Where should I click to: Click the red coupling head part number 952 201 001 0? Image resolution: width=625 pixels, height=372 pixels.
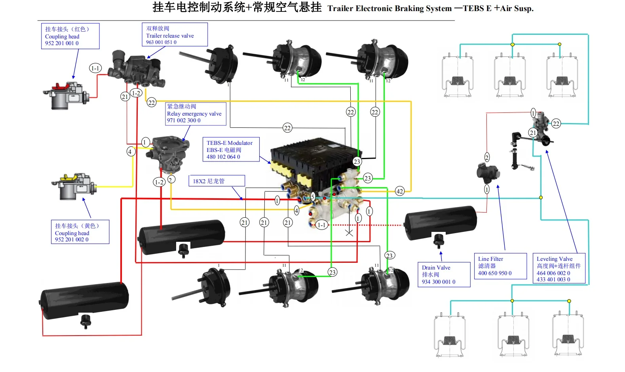[62, 43]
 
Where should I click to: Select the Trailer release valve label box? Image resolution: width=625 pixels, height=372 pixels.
[175, 35]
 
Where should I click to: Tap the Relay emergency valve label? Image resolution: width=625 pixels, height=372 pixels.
[196, 114]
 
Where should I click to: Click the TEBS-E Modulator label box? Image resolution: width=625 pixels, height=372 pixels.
[231, 150]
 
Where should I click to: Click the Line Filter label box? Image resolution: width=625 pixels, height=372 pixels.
[500, 266]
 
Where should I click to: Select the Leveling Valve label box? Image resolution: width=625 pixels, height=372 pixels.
[559, 269]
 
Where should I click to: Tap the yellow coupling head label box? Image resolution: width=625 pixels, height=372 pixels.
[80, 232]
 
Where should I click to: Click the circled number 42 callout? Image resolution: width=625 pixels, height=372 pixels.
[400, 191]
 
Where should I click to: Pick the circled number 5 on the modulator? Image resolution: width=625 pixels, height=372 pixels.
[313, 196]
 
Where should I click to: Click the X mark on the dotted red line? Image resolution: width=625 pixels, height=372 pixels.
[349, 233]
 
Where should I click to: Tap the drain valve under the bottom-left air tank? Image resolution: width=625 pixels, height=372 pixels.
[85, 321]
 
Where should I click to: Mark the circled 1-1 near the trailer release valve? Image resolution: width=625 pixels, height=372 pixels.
[95, 68]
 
